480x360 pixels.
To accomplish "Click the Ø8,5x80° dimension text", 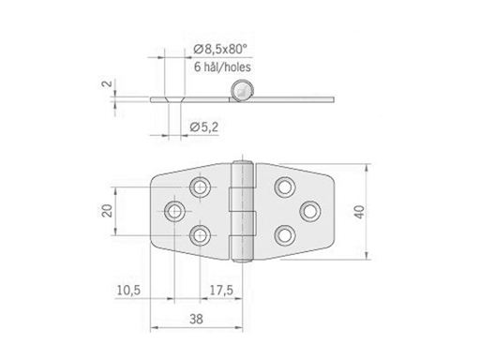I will [222, 49].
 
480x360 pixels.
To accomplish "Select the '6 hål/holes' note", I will [222, 67].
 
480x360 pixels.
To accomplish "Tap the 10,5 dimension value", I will [129, 292].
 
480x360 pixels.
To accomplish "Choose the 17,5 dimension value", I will [222, 292].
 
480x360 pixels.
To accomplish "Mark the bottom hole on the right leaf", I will [282, 234].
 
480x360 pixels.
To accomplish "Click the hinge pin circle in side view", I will [243, 91].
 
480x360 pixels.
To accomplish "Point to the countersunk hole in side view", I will [170, 97].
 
